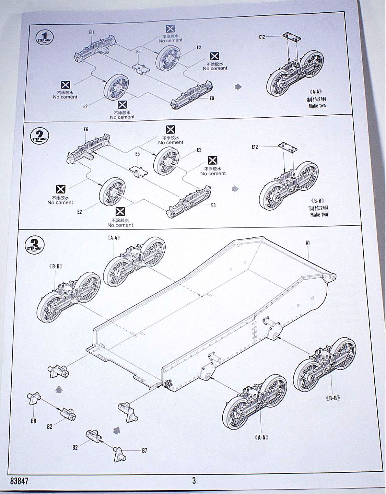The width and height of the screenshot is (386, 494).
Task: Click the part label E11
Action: pos(91,32)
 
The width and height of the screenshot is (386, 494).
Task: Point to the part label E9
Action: pos(212,98)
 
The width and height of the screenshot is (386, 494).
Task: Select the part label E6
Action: pos(86,129)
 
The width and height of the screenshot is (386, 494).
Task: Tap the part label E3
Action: pos(213,205)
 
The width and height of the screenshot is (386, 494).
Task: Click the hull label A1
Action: pos(308,243)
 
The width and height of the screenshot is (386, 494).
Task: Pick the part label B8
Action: pos(33,421)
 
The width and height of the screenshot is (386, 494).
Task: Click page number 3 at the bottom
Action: pos(194,480)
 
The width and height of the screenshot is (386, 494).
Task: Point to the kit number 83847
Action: pos(19,481)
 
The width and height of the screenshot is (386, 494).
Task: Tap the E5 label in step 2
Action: pos(138,154)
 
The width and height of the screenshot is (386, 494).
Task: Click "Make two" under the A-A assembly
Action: pos(317,106)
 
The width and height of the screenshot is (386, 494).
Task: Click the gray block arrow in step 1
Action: pos(238,87)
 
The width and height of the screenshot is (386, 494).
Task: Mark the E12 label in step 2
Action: pos(255,147)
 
